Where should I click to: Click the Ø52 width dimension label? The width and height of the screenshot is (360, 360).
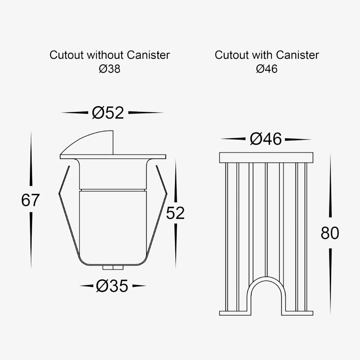[x=108, y=113]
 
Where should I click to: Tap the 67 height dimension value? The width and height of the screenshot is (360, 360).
[x=30, y=200]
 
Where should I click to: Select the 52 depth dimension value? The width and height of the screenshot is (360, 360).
[x=175, y=213]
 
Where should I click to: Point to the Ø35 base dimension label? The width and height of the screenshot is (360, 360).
[x=112, y=286]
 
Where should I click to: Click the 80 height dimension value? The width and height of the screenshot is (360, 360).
[x=330, y=233]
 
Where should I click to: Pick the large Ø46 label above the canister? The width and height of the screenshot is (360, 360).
[x=266, y=139]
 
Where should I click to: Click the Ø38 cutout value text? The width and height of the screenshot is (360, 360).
[x=109, y=69]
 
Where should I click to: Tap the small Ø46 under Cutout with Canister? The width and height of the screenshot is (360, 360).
[x=267, y=69]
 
